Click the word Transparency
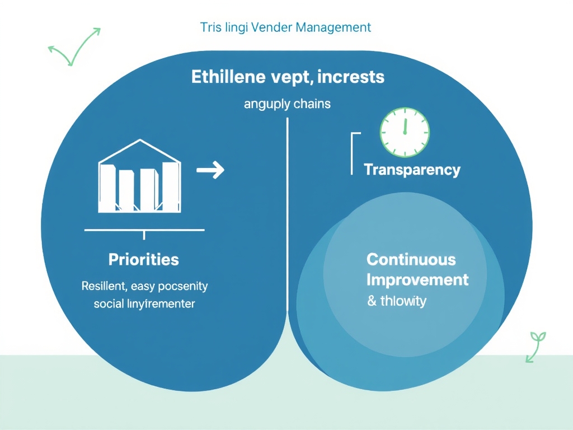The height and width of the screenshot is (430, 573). (x=412, y=170)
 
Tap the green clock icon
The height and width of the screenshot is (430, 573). (x=405, y=133)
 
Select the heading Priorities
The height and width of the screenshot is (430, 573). (x=144, y=260)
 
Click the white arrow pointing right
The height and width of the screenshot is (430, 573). (x=210, y=170)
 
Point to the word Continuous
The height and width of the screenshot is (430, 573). (x=411, y=260)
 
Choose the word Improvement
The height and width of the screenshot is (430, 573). (x=417, y=279)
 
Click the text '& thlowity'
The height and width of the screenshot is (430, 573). (x=397, y=301)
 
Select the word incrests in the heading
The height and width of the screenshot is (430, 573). (x=350, y=77)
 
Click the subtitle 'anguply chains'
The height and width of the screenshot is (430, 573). (x=287, y=104)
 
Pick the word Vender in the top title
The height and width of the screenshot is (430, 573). (x=271, y=27)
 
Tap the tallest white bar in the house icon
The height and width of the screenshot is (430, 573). (x=170, y=186)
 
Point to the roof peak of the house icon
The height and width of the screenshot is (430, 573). (x=140, y=142)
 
